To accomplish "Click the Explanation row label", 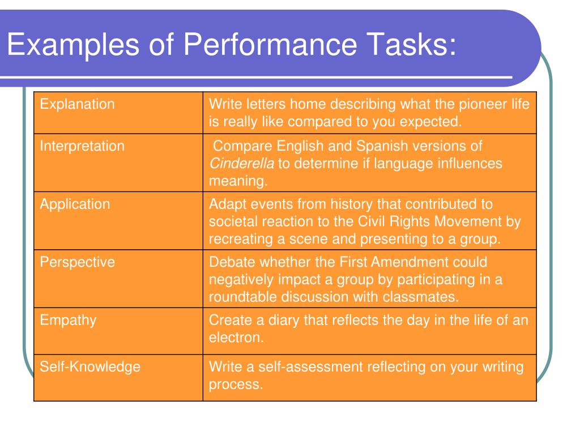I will point(77,104).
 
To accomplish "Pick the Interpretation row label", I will point(82,146).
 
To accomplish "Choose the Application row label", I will point(75,204).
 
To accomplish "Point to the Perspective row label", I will point(77,262).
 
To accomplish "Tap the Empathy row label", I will point(68,320).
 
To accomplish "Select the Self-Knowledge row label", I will point(89,366).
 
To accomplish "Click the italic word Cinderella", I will point(242,164).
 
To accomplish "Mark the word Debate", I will point(229,262).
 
